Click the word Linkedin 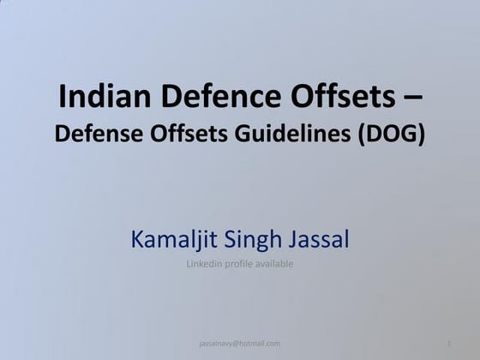204,264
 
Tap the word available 275,264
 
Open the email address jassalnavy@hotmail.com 239,344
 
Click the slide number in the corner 449,344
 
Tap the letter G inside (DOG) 410,134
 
